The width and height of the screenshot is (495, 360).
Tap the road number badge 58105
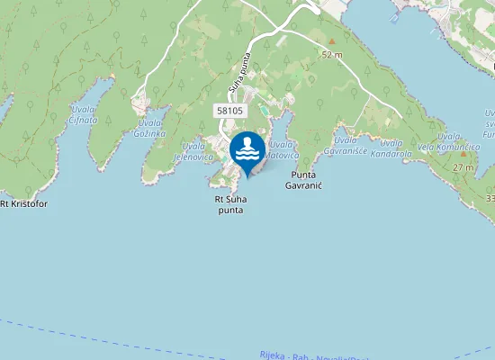229,110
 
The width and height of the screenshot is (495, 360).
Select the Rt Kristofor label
23,203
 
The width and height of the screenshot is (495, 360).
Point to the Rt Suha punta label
230,204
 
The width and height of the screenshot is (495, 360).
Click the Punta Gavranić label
303,179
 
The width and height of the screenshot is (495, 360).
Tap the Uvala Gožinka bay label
150,128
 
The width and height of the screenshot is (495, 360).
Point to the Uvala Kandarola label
391,148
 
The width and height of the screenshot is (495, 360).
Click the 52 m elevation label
332,54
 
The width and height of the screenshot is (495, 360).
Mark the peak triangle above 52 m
331,40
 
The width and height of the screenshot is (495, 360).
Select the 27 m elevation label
463,167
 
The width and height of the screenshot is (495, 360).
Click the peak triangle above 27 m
463,154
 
